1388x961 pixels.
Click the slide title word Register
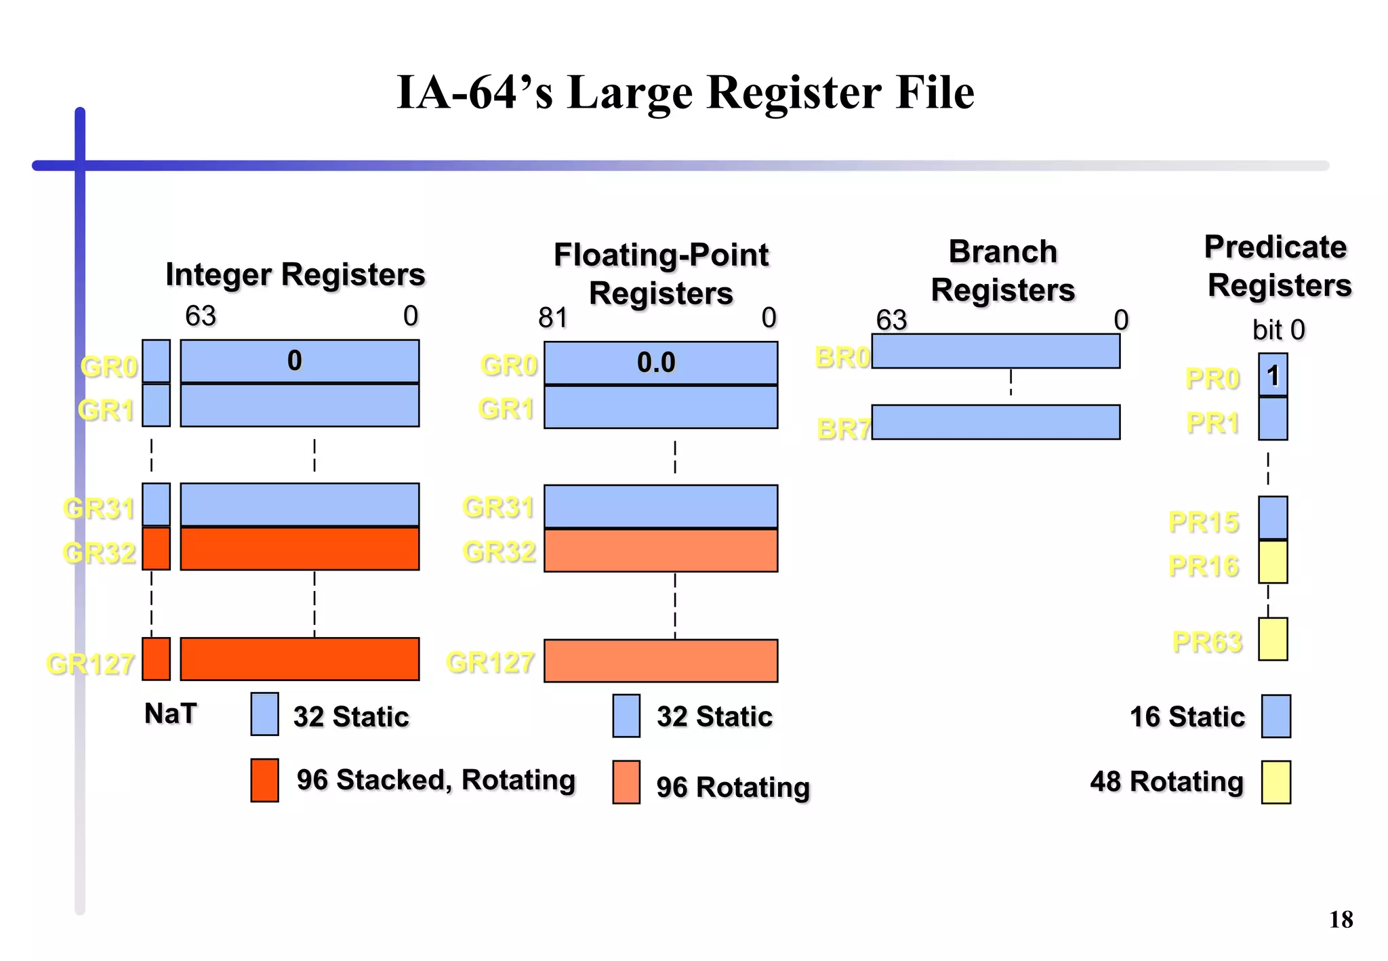[x=792, y=93]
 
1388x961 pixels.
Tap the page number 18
[x=1340, y=920]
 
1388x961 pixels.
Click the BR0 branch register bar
[x=995, y=352]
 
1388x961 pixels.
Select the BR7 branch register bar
[x=995, y=422]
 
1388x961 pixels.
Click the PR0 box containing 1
[x=1272, y=375]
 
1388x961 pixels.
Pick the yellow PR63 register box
[x=1272, y=639]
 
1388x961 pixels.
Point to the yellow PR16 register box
[x=1272, y=562]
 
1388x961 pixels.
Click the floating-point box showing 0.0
[x=660, y=363]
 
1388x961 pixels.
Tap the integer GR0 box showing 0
[x=299, y=361]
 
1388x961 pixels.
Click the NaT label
[x=170, y=714]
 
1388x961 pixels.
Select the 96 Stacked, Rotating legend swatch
[x=264, y=780]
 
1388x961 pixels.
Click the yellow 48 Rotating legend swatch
[x=1275, y=782]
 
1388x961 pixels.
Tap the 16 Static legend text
[x=1187, y=716]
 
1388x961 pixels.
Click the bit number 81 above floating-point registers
[x=552, y=318]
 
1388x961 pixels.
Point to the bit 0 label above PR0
[x=1278, y=330]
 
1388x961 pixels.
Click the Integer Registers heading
[x=295, y=275]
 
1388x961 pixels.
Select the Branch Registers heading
[x=1002, y=270]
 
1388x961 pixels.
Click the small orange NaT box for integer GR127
[x=156, y=659]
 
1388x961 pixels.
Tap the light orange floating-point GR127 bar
[x=660, y=661]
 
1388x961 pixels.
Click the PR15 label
[x=1203, y=522]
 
